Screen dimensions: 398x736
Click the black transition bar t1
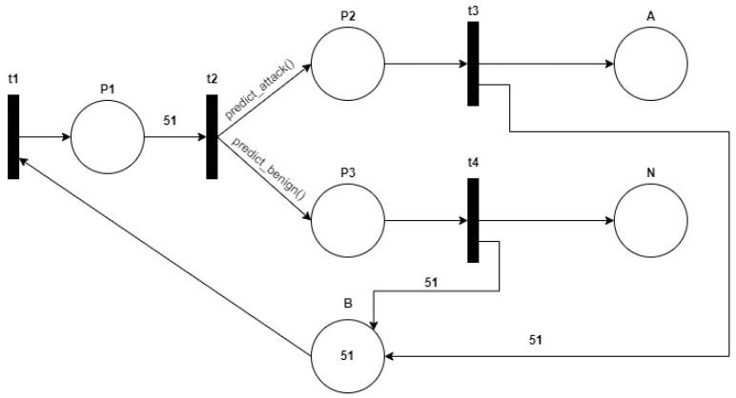[x=13, y=137]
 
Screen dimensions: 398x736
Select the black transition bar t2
[x=212, y=137]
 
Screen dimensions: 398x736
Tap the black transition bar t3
[x=473, y=64]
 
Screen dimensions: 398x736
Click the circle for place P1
[x=107, y=137]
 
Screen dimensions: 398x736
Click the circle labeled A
[x=650, y=65]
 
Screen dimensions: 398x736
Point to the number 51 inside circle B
[x=347, y=355]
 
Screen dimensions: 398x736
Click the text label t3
[x=473, y=10]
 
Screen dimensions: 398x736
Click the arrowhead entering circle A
[x=608, y=65]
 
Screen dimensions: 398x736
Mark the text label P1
[x=107, y=88]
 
